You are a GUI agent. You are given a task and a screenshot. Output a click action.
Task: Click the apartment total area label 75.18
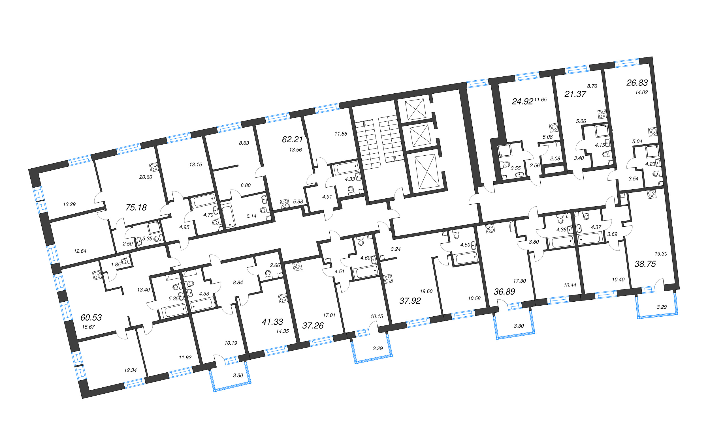click(136, 207)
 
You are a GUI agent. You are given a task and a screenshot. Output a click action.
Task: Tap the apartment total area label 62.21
click(292, 139)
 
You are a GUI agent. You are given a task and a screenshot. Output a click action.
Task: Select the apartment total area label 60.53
click(91, 317)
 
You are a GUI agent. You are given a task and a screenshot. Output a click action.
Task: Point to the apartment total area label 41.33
click(272, 322)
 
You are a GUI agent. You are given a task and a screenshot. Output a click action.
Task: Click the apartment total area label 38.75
click(645, 264)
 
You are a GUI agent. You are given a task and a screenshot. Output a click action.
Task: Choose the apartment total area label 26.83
click(637, 83)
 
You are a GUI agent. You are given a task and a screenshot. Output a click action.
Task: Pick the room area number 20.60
click(146, 177)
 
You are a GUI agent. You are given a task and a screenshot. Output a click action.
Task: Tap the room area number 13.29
click(69, 205)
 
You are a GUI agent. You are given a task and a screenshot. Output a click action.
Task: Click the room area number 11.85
click(341, 134)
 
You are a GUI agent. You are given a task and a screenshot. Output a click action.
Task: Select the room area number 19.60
click(426, 291)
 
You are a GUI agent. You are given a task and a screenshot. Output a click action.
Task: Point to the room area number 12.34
click(130, 370)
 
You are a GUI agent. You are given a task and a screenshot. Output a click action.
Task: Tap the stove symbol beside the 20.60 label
click(154, 168)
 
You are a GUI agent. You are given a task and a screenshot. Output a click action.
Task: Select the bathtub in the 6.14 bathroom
click(229, 216)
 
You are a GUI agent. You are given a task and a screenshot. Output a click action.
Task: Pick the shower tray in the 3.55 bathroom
click(505, 151)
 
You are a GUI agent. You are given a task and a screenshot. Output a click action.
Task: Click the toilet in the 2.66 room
click(268, 274)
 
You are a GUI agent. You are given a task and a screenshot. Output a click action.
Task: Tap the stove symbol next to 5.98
click(285, 203)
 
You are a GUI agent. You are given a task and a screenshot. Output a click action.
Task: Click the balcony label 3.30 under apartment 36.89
click(519, 326)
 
